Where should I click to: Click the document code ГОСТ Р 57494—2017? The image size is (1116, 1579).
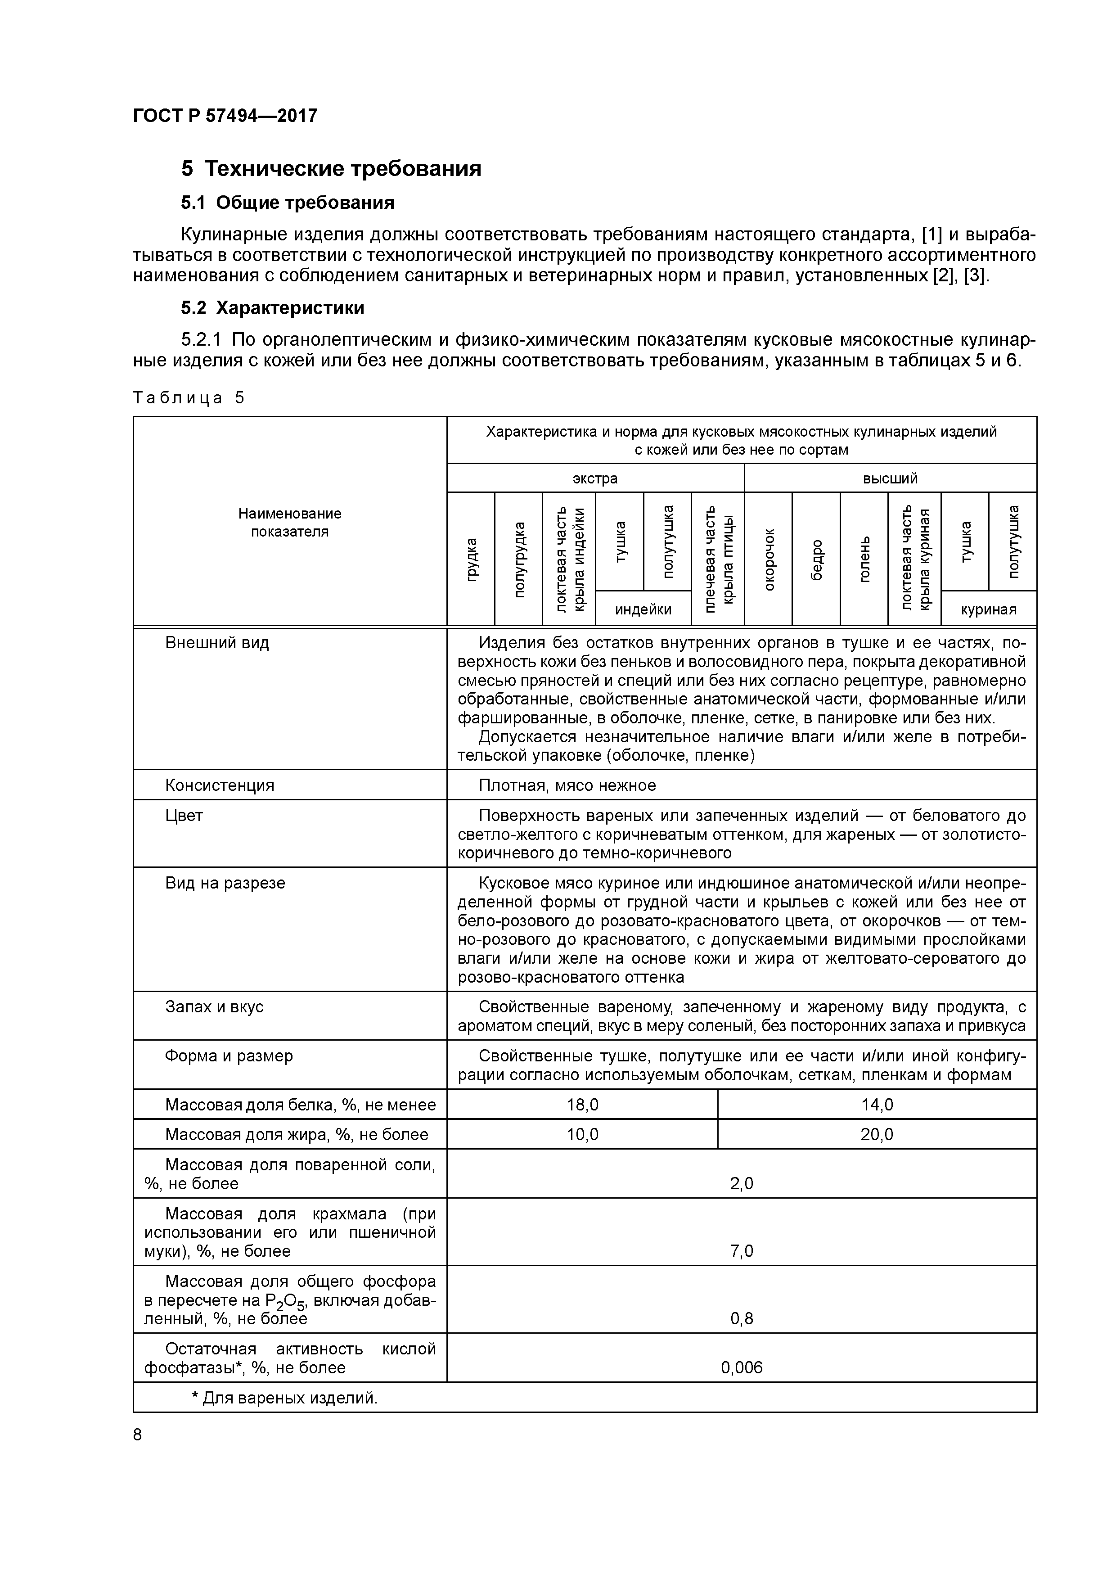[225, 116]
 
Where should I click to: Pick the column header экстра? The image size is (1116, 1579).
[595, 478]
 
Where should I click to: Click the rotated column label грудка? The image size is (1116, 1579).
[471, 559]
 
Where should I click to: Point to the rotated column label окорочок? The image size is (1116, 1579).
[769, 559]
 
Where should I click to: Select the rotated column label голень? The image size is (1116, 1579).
[864, 559]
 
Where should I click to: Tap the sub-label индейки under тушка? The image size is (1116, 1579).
[643, 609]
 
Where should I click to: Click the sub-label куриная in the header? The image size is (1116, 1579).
[988, 609]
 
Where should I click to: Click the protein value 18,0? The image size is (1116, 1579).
[582, 1105]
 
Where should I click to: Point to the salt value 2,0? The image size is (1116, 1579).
[741, 1183]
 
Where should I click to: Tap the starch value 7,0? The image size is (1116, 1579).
[741, 1250]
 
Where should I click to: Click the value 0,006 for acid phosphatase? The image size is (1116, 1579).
[741, 1367]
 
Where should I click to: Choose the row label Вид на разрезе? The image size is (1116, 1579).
[225, 882]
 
